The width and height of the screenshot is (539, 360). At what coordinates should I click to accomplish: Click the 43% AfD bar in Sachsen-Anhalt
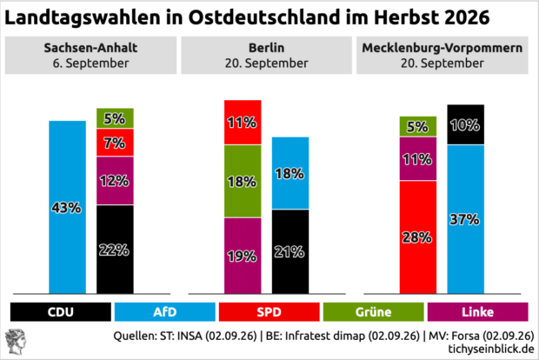click(68, 207)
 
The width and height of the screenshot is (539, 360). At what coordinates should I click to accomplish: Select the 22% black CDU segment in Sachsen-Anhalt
click(115, 250)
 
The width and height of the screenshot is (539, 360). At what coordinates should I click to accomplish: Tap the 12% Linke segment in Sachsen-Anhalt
click(115, 181)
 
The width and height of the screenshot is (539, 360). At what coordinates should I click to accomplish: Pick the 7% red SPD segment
click(115, 143)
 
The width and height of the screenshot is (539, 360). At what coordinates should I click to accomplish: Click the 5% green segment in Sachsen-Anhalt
click(115, 118)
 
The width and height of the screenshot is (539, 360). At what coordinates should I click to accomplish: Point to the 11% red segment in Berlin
click(243, 123)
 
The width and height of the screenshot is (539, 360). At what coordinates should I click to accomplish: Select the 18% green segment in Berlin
click(243, 181)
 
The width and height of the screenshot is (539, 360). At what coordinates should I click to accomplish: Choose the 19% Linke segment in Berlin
click(243, 256)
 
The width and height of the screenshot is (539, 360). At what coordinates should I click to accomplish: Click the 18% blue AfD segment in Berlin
click(290, 173)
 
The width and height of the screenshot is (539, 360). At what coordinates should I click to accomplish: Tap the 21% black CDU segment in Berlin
click(290, 251)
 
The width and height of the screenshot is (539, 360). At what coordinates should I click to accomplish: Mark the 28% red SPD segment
click(418, 237)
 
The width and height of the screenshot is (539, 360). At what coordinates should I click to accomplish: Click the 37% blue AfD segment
click(465, 219)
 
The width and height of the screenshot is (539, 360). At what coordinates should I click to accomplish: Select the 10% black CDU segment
click(465, 124)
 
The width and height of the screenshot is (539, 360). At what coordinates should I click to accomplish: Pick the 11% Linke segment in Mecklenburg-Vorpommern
click(418, 159)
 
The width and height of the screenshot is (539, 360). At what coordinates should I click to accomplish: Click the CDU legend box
click(61, 312)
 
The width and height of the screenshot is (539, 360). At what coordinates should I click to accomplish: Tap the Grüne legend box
click(373, 312)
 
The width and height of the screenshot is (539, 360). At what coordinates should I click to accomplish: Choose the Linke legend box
click(478, 312)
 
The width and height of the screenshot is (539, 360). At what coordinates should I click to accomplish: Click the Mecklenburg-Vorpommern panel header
click(442, 56)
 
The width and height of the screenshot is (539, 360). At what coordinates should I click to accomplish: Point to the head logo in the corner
click(16, 342)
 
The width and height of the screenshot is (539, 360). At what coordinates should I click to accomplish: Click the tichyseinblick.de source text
click(491, 349)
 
